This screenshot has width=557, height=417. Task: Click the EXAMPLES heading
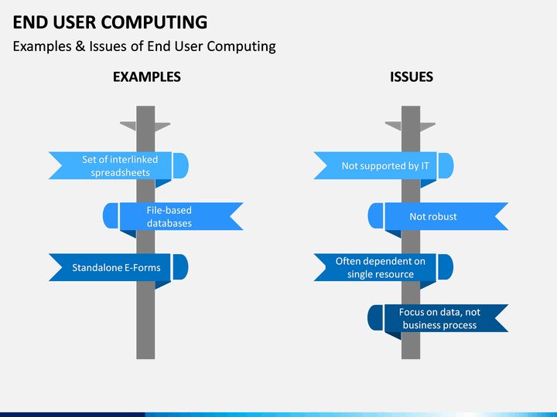pos(147,77)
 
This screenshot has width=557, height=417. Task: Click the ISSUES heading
pos(412,77)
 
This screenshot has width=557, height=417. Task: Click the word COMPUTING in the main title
pos(154,22)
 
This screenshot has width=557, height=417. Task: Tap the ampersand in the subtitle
pos(80,46)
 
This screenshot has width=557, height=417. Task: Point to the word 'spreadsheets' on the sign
pos(120,173)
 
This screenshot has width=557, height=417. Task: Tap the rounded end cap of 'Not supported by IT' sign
pos(446,165)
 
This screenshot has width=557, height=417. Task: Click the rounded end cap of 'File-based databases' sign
pos(111,216)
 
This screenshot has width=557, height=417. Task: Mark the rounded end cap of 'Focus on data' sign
pos(375,317)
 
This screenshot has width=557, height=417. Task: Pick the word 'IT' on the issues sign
pos(425,166)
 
